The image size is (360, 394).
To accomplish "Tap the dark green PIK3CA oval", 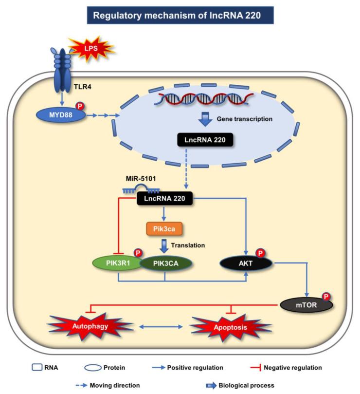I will pyautogui.click(x=165, y=263).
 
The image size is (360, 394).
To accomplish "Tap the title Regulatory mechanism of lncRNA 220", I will pyautogui.click(x=180, y=15).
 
